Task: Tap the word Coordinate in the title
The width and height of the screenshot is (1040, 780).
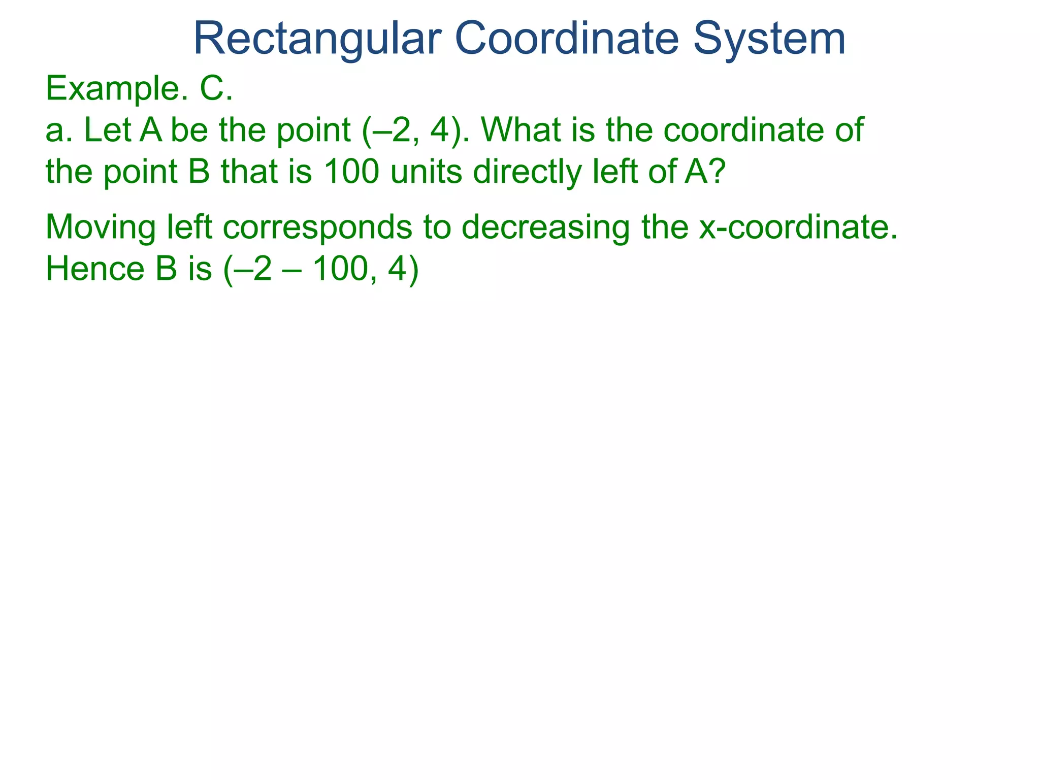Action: pos(567,39)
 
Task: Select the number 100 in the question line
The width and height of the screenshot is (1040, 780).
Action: pos(350,171)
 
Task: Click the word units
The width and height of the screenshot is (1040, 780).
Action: pos(427,171)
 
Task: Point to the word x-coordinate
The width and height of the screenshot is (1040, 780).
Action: pos(797,227)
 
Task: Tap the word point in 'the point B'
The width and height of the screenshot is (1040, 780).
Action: pos(141,172)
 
